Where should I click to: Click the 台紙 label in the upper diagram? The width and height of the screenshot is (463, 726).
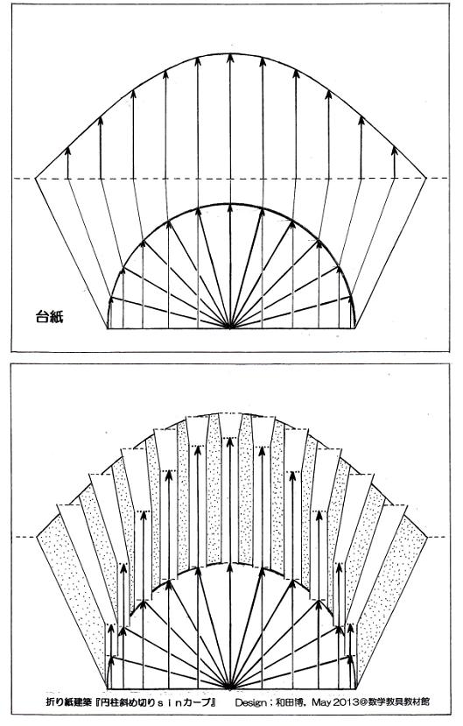point(49,317)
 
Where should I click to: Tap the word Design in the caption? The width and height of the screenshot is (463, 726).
point(249,702)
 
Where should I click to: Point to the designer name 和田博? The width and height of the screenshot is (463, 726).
point(290,702)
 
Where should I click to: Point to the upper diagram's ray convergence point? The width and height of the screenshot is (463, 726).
point(230,328)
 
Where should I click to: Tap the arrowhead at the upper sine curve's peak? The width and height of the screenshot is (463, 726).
point(230,58)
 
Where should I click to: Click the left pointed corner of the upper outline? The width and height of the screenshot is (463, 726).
point(36,179)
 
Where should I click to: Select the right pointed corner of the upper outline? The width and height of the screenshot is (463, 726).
point(425,178)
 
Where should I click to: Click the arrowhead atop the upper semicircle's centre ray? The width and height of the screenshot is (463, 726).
point(230,208)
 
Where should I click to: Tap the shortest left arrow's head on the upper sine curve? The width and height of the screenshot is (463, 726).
point(68,151)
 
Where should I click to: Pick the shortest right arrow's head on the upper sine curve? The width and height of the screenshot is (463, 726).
point(394,151)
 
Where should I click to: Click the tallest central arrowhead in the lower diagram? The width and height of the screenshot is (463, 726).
point(230,441)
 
